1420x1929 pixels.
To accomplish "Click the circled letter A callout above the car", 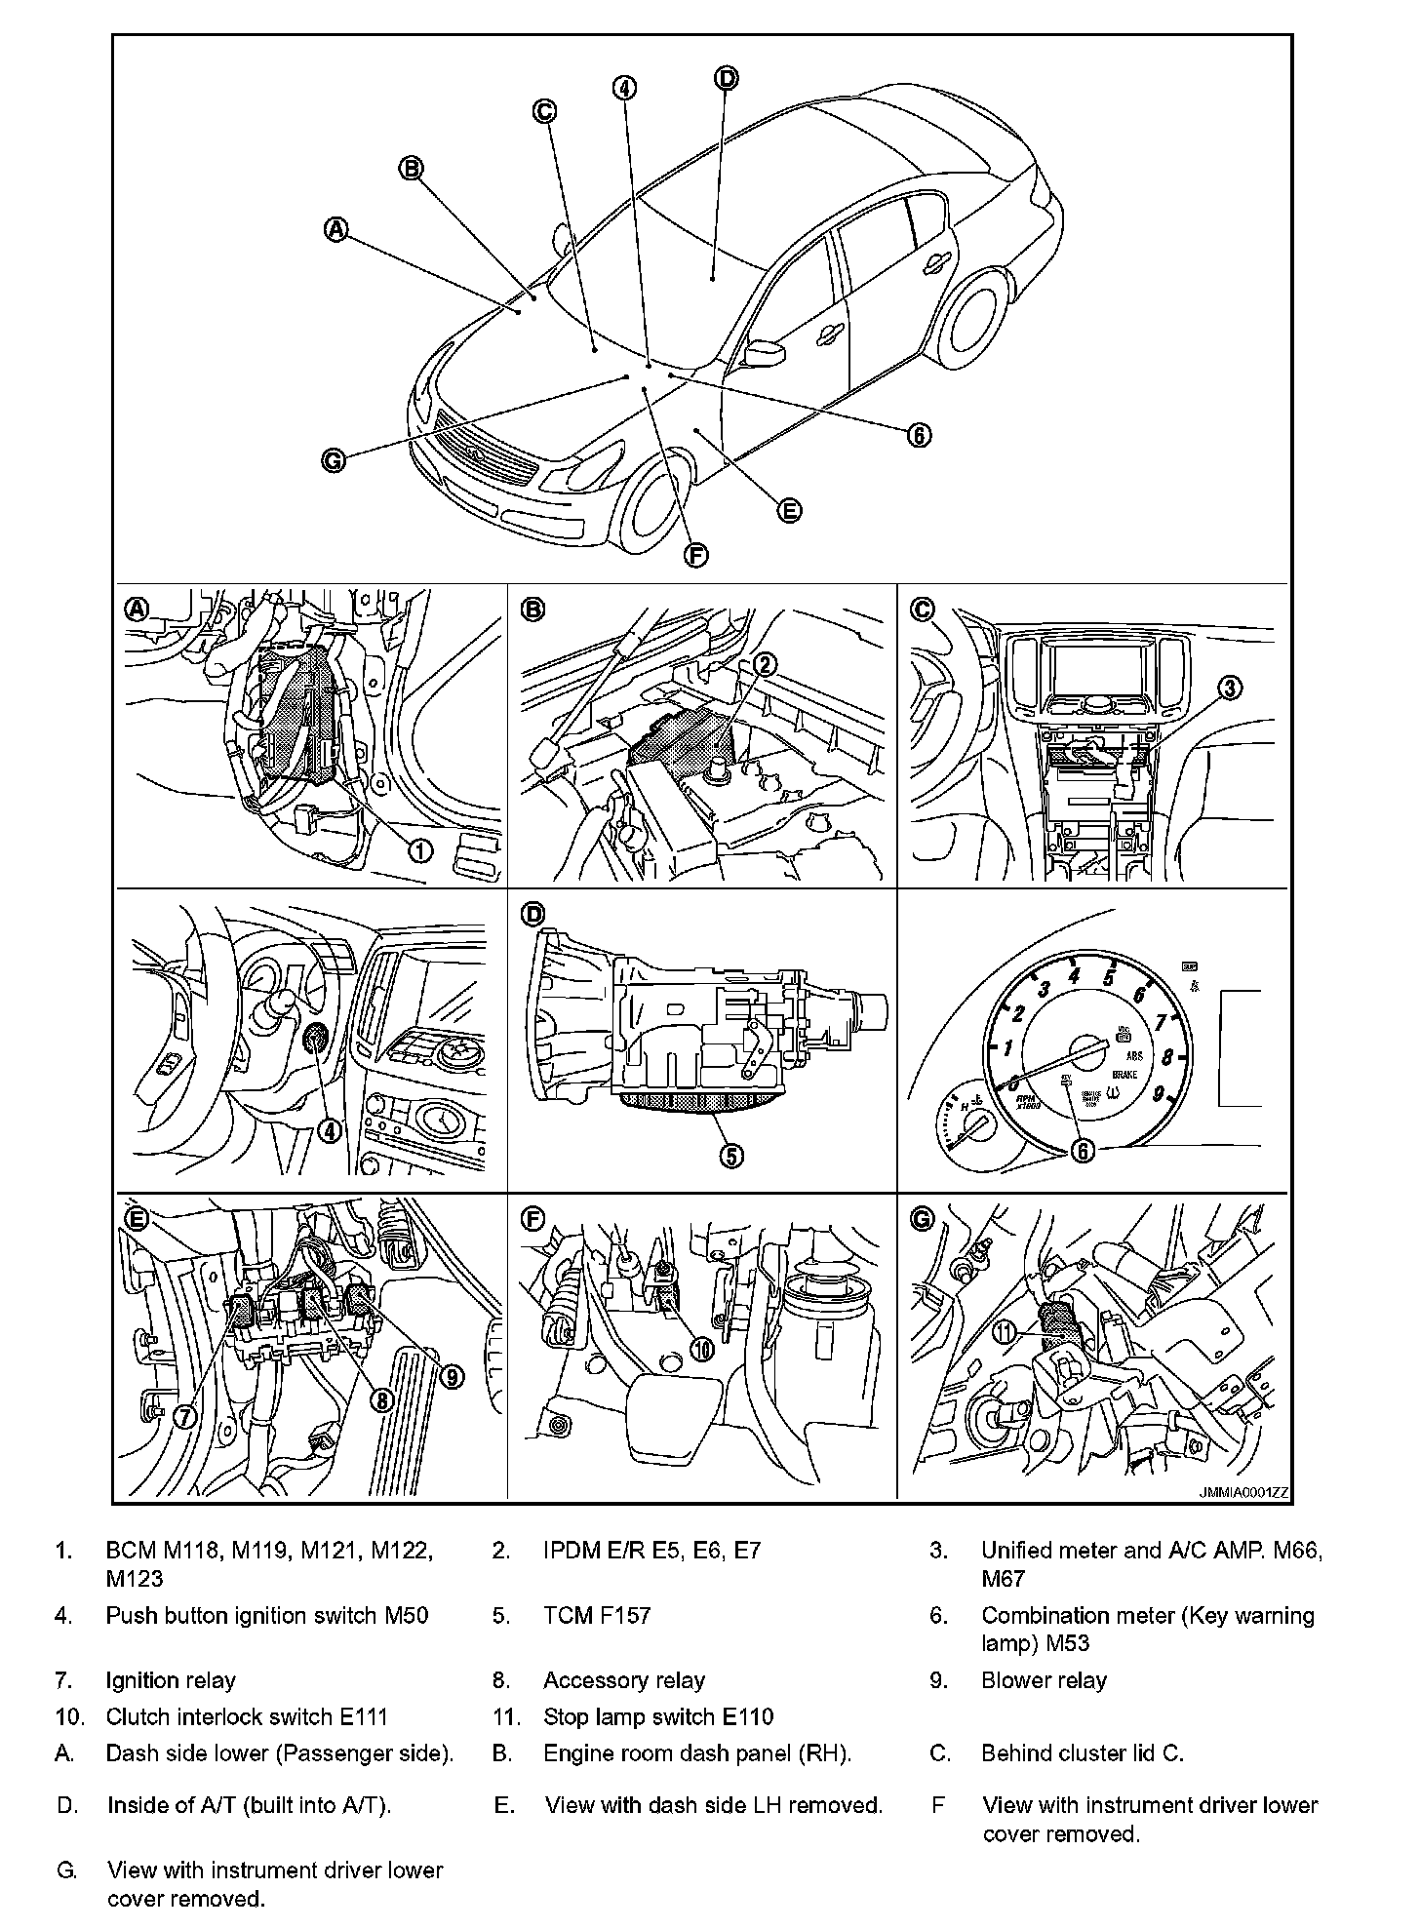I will click(335, 229).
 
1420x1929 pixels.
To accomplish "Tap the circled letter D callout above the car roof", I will click(727, 78).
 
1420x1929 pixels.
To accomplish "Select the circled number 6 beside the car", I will click(919, 435).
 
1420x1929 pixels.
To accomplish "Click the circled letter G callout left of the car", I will click(334, 460).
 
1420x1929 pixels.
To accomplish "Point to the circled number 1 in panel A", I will click(420, 850).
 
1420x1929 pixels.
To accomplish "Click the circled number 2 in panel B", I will click(766, 664).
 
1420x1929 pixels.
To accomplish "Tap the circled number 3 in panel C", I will click(1231, 688).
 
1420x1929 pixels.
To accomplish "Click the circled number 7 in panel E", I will click(184, 1415).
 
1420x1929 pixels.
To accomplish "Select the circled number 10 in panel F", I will click(701, 1348).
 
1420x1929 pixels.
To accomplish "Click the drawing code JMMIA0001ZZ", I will click(1243, 1493).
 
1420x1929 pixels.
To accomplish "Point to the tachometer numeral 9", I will click(1159, 1094).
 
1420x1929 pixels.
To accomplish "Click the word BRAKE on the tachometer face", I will click(1124, 1074).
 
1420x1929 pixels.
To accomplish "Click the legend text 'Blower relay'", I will click(1044, 1680).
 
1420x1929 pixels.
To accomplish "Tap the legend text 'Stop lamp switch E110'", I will click(658, 1717).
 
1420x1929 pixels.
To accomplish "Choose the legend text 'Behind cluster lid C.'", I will click(1082, 1753).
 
